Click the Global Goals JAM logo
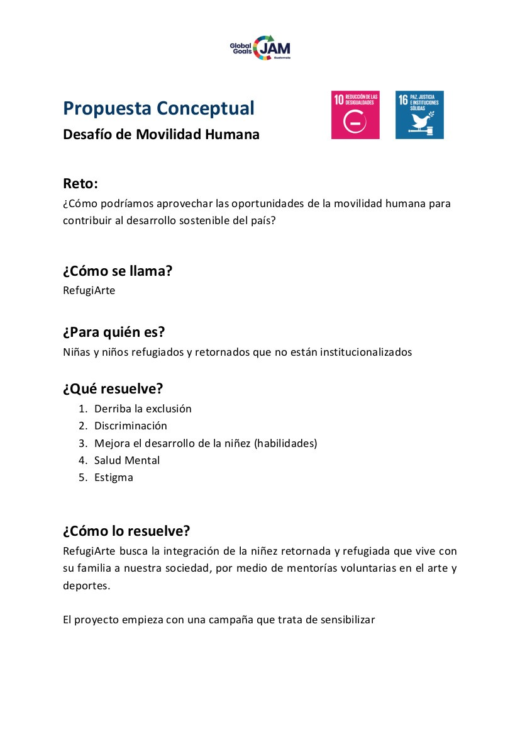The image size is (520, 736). [260, 47]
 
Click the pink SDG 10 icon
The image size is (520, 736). [355, 115]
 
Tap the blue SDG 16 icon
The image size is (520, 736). [419, 115]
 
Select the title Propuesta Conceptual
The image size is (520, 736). [158, 108]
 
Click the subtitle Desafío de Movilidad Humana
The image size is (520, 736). [161, 135]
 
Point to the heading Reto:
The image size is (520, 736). [80, 184]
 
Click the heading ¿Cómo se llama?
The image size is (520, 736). [118, 271]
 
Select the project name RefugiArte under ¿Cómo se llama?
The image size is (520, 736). [89, 291]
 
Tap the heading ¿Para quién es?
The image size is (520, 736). [114, 332]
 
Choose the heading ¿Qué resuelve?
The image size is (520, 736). [113, 388]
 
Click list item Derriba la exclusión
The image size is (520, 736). [143, 409]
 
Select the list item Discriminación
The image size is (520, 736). [131, 426]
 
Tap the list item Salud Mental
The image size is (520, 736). [127, 460]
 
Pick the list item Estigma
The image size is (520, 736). [114, 477]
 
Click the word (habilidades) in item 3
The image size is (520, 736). [285, 443]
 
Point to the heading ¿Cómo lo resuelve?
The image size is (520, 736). [126, 531]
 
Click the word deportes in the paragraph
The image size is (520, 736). [86, 586]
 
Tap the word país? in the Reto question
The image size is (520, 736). [262, 221]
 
